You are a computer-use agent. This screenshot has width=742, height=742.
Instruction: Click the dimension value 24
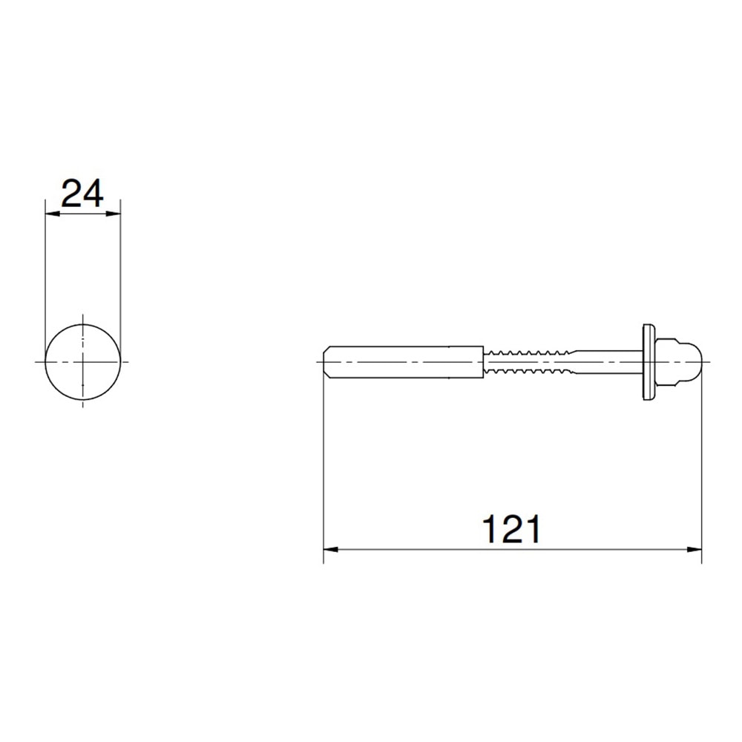pos(82,194)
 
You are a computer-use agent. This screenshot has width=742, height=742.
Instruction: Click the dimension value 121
pos(512,530)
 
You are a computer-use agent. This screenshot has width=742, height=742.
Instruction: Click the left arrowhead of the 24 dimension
pos(51,214)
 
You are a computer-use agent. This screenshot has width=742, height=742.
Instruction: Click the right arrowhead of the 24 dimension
pos(114,214)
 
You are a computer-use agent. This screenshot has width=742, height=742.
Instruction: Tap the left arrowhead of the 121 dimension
pos(330,550)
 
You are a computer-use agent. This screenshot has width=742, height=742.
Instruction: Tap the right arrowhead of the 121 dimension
pos(695,550)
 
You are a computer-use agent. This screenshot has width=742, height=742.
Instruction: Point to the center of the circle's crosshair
pos(82,361)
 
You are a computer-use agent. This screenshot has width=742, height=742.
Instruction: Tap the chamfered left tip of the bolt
pos(327,361)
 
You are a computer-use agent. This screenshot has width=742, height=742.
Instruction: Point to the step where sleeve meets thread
pos(484,361)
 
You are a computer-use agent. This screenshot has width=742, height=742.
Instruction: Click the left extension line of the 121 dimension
pos(324,460)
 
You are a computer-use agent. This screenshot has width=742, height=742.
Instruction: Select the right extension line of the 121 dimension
pos(702,460)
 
